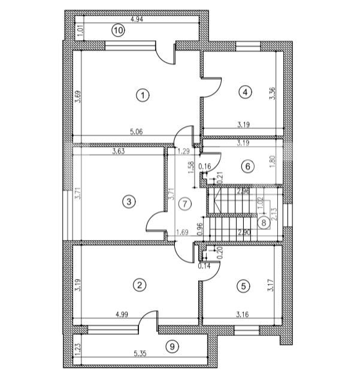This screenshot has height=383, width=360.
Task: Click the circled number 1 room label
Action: (142, 95)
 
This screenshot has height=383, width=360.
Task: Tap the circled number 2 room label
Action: (139, 285)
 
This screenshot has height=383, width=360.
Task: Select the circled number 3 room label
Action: (128, 202)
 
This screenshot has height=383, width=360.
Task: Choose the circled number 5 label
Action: (243, 286)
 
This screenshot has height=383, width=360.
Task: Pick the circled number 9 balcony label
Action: (172, 346)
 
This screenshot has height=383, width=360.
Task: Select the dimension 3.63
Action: (119, 152)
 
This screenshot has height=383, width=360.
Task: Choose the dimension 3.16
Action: (242, 312)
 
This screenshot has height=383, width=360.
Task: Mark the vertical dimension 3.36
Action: (273, 93)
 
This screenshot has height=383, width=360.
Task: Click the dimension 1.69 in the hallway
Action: (182, 231)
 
